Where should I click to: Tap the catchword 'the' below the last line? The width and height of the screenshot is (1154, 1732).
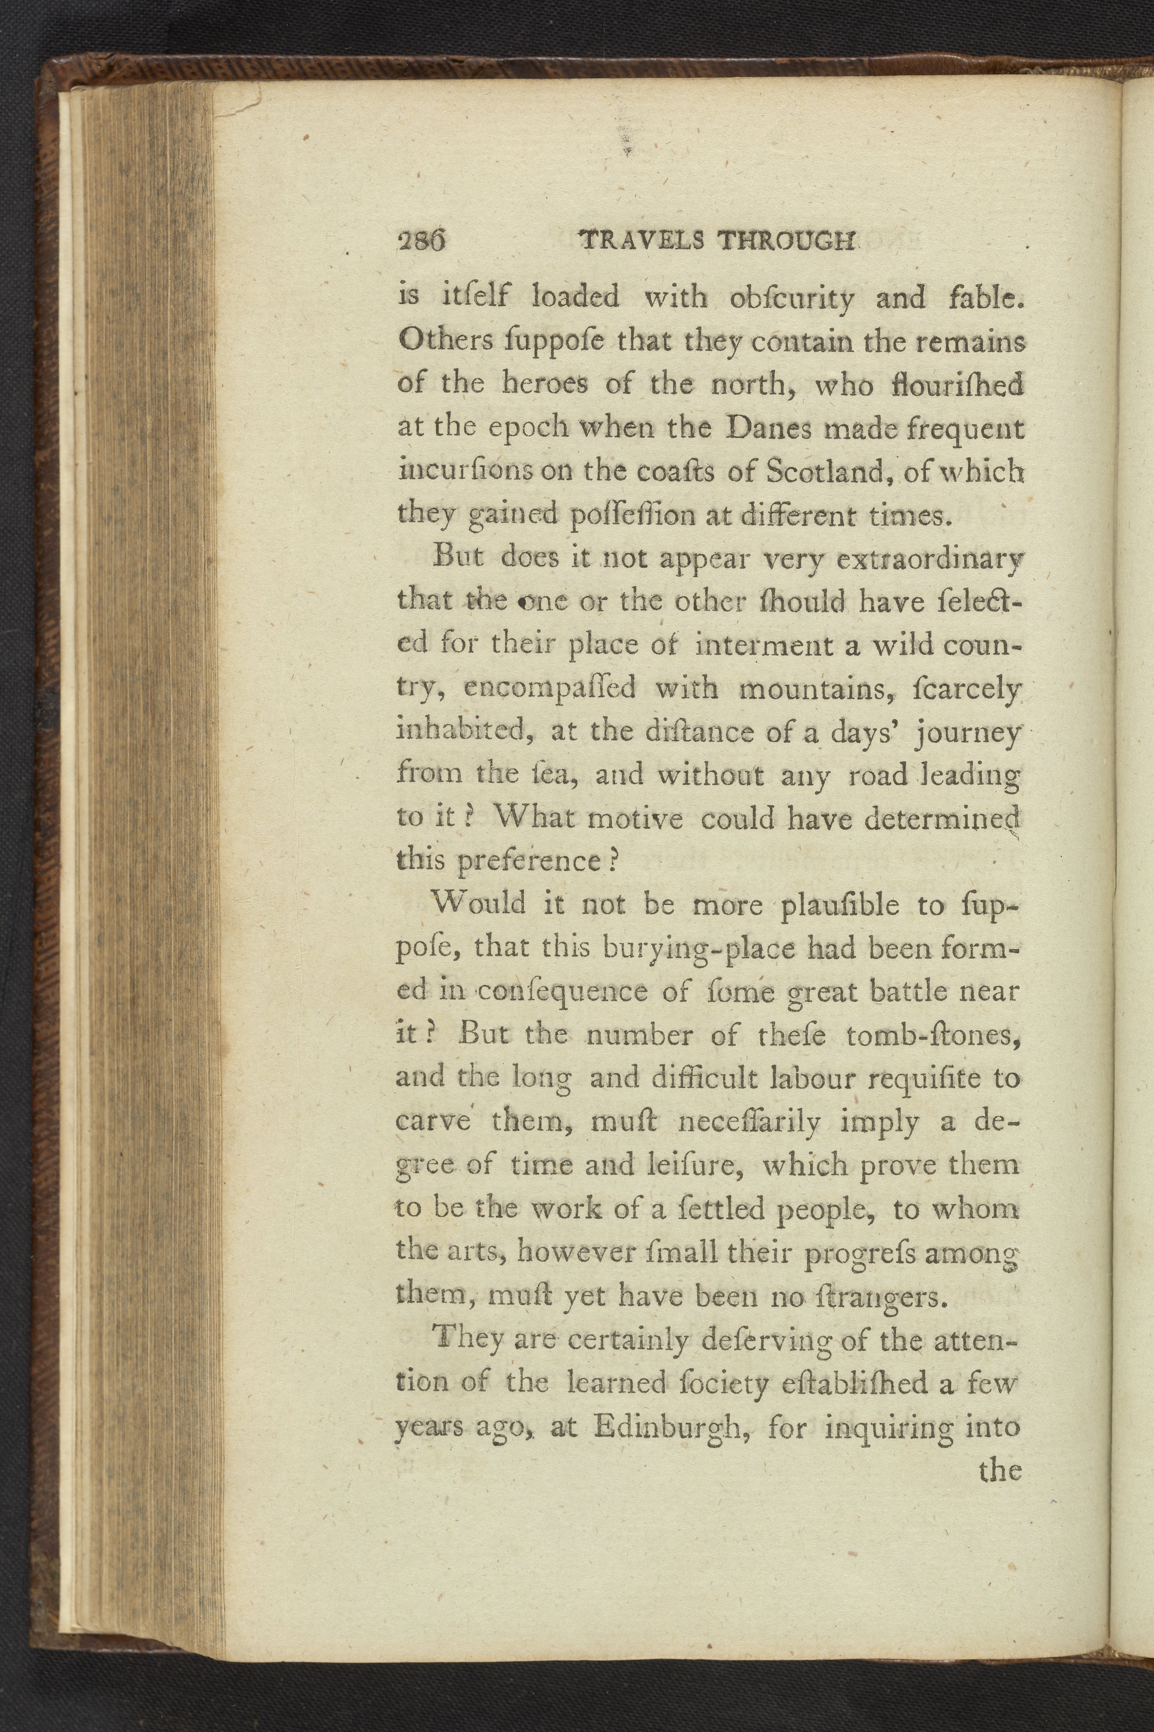point(1000,1470)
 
